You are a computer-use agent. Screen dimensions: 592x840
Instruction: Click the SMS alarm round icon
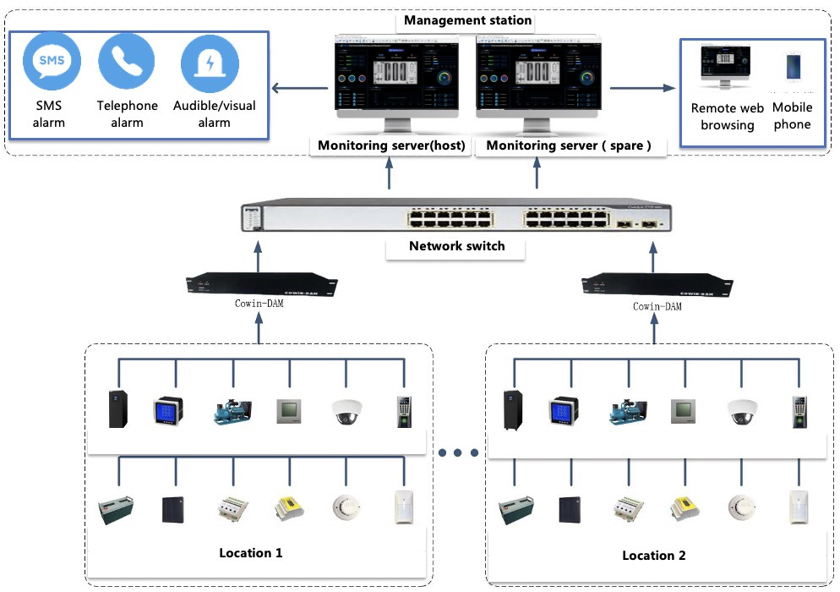(x=50, y=61)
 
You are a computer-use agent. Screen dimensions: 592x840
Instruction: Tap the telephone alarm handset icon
(x=127, y=61)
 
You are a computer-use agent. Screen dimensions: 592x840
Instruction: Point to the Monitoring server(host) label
(x=391, y=145)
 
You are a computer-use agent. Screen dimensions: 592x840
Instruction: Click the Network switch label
(x=456, y=246)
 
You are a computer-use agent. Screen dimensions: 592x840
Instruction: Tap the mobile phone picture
(x=794, y=67)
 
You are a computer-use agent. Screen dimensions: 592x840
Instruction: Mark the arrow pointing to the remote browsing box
(x=642, y=87)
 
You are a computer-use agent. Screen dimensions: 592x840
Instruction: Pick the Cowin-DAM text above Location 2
(x=657, y=306)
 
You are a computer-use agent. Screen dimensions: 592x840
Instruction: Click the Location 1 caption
(x=250, y=553)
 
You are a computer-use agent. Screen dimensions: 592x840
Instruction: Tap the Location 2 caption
(x=653, y=556)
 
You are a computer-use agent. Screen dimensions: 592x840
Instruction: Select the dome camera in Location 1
(x=346, y=411)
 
